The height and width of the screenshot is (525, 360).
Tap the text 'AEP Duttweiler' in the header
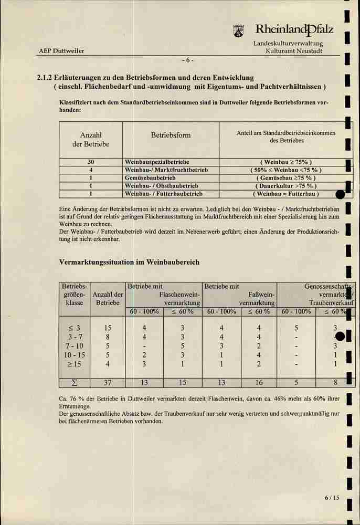tap(61, 51)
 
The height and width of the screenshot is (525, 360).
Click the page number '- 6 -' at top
tap(188, 59)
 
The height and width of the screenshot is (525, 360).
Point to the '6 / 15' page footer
tap(332, 498)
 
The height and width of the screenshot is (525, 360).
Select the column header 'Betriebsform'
tap(171, 135)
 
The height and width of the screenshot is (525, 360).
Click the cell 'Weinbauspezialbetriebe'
tap(157, 162)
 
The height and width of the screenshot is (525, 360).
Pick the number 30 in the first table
tap(91, 162)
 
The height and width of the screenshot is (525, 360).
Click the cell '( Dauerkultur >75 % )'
tap(286, 186)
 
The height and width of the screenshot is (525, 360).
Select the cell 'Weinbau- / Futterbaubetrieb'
tap(164, 194)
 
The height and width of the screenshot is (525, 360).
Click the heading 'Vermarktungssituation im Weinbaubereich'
tap(130, 262)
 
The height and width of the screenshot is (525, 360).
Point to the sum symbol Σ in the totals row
tap(74, 382)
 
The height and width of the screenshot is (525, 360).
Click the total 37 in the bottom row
tap(108, 382)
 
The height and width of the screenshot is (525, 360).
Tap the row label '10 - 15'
tap(74, 355)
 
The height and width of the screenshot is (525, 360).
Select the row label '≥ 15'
tap(74, 364)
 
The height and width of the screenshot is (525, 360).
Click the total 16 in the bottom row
tap(259, 382)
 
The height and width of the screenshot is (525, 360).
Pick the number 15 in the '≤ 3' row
tap(108, 328)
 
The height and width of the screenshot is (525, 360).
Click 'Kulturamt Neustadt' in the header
tap(294, 51)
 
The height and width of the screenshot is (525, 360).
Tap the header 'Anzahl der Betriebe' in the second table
tap(108, 299)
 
